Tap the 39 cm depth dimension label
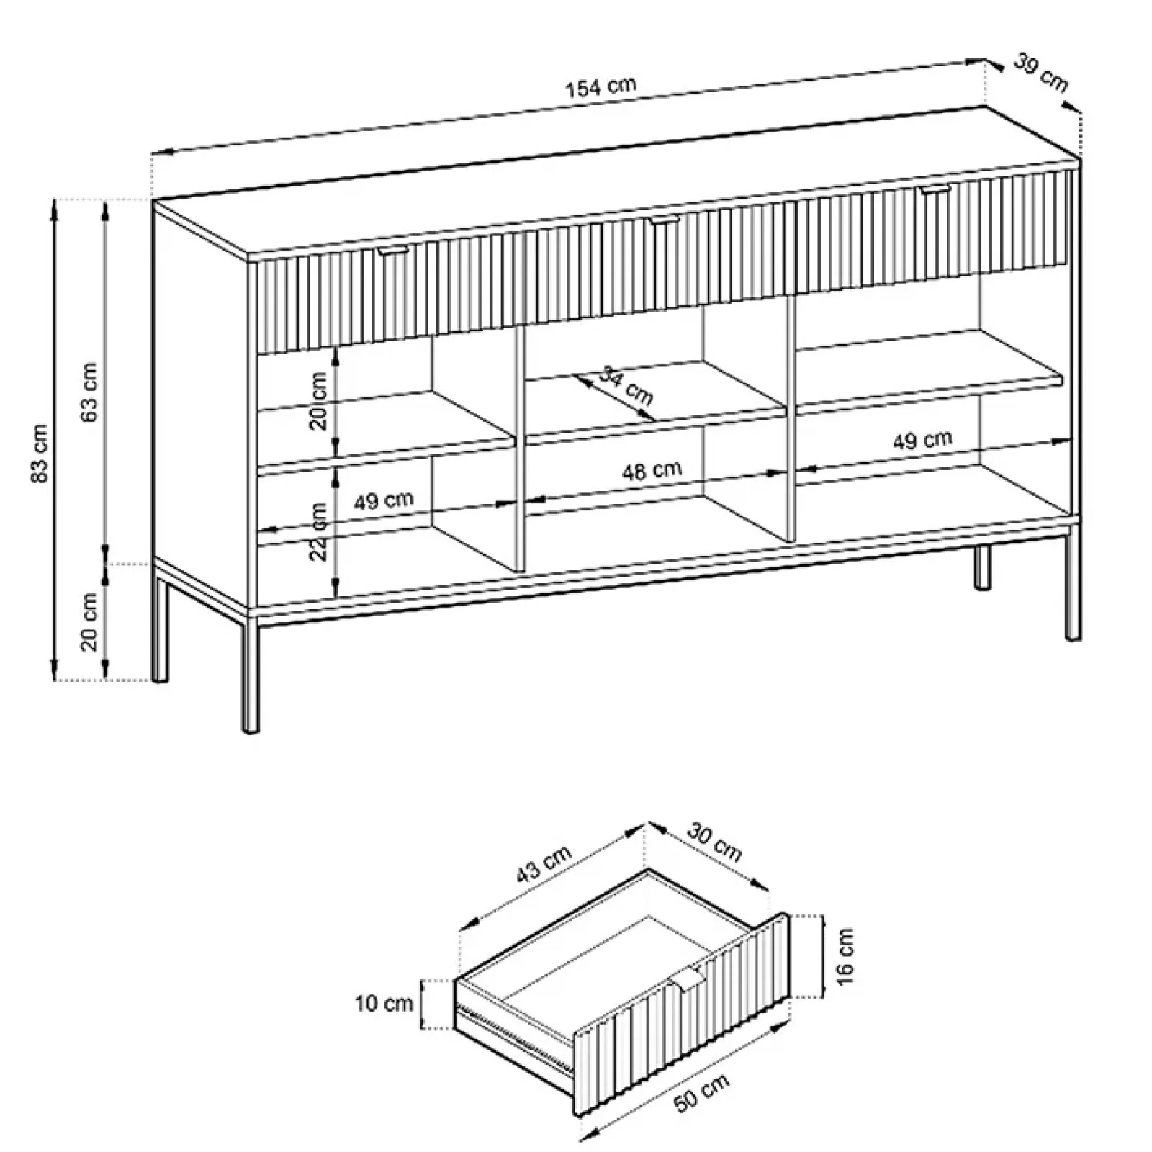1040,73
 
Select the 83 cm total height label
40,454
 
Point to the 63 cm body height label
89,392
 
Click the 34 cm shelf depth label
626,387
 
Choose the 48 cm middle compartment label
652,471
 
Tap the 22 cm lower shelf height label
318,531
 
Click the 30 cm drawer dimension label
714,842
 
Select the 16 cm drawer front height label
845,956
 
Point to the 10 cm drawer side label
384,1003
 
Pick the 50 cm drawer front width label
702,1093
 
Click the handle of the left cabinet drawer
392,250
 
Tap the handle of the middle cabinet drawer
664,220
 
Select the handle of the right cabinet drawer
935,189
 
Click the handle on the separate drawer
690,978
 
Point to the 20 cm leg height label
89,621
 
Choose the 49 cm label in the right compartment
922,440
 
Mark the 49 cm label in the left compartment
384,500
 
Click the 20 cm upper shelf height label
318,400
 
